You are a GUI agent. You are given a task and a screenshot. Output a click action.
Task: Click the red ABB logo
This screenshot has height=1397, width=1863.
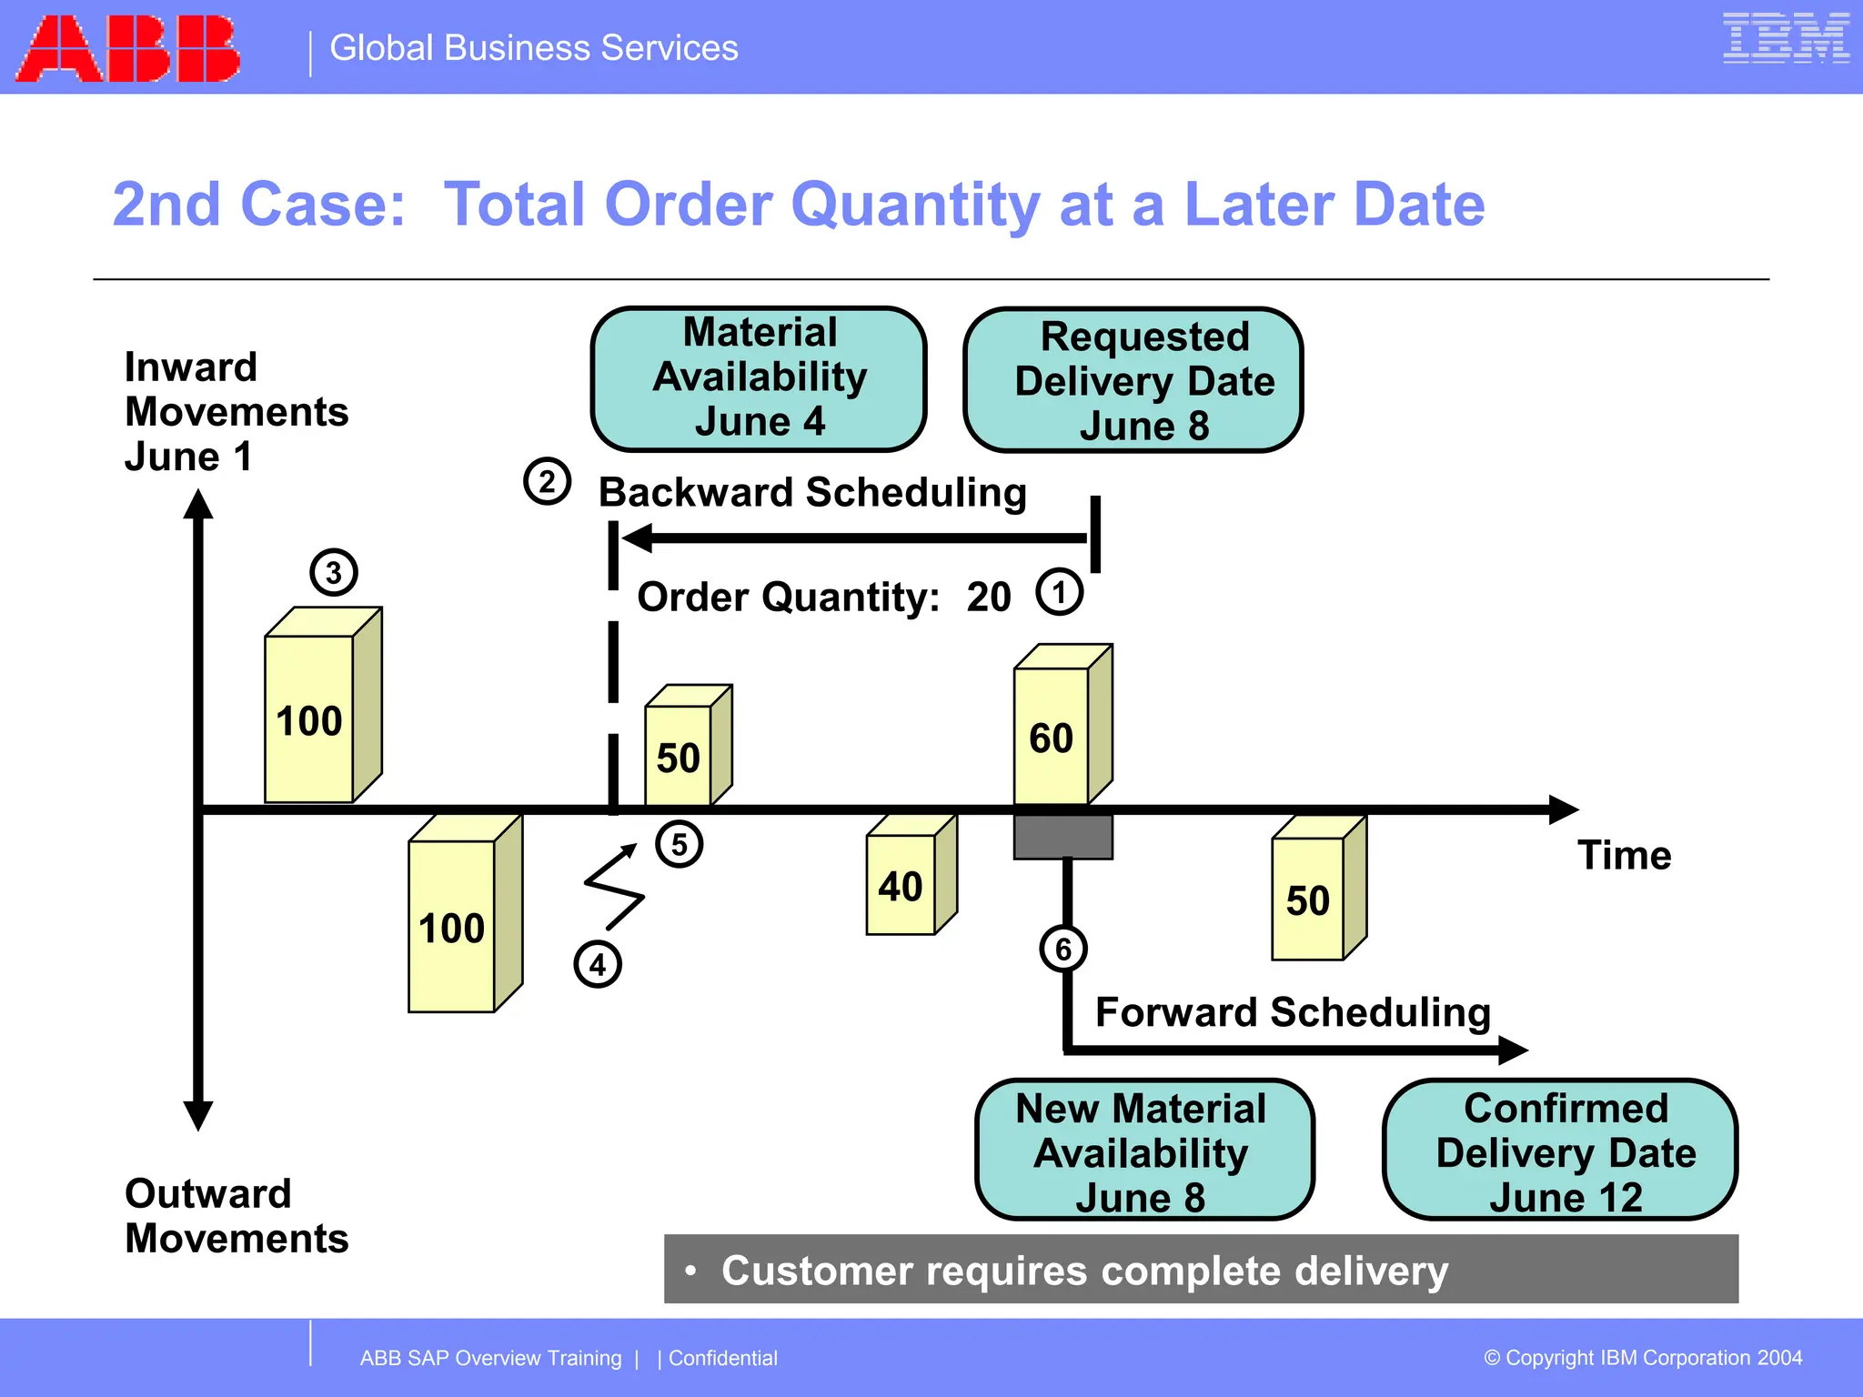[x=127, y=48]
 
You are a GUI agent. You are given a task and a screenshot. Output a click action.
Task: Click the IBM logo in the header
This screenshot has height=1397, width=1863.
[x=1786, y=38]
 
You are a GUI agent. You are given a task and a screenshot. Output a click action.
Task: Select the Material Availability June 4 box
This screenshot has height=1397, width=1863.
[x=759, y=378]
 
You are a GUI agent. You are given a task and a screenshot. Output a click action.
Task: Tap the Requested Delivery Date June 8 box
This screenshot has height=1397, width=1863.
[x=1133, y=380]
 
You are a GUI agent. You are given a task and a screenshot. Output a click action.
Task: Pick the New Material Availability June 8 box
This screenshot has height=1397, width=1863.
[x=1143, y=1151]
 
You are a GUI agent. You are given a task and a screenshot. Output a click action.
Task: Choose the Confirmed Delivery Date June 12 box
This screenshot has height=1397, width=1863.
[x=1559, y=1151]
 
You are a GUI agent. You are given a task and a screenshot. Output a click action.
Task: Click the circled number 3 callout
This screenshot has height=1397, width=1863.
[x=334, y=573]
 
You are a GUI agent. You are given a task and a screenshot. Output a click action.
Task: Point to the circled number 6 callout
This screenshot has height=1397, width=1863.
[x=1062, y=950]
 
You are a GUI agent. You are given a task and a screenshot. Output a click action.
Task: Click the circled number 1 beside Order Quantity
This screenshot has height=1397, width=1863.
[x=1059, y=593]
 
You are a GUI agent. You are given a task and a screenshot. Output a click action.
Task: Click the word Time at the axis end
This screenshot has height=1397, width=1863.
[x=1624, y=856]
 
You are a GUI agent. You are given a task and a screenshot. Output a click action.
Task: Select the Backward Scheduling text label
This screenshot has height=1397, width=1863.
[x=812, y=493]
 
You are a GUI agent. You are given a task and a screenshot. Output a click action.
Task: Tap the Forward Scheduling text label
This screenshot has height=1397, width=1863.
[x=1293, y=1012]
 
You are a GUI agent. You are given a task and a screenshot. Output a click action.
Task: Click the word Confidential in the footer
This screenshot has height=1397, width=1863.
[x=723, y=1358]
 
